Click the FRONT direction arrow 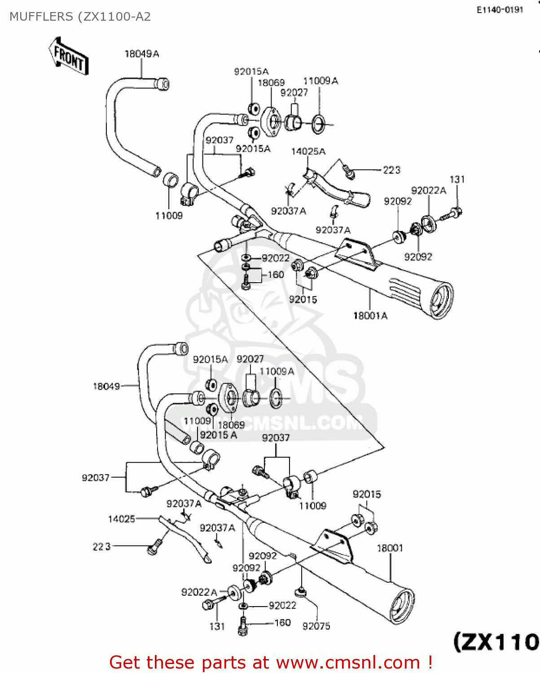[69, 56]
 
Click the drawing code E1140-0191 [500, 10]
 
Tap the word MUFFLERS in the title [41, 17]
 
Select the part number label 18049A [141, 54]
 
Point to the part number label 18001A [370, 316]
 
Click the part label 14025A [308, 152]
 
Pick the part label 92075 [316, 626]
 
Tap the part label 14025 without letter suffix [121, 519]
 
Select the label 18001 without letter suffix [390, 548]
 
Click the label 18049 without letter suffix [106, 386]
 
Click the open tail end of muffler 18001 [401, 606]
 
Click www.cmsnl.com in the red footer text [348, 663]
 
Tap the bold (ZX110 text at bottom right [496, 642]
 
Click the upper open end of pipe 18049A [163, 84]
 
